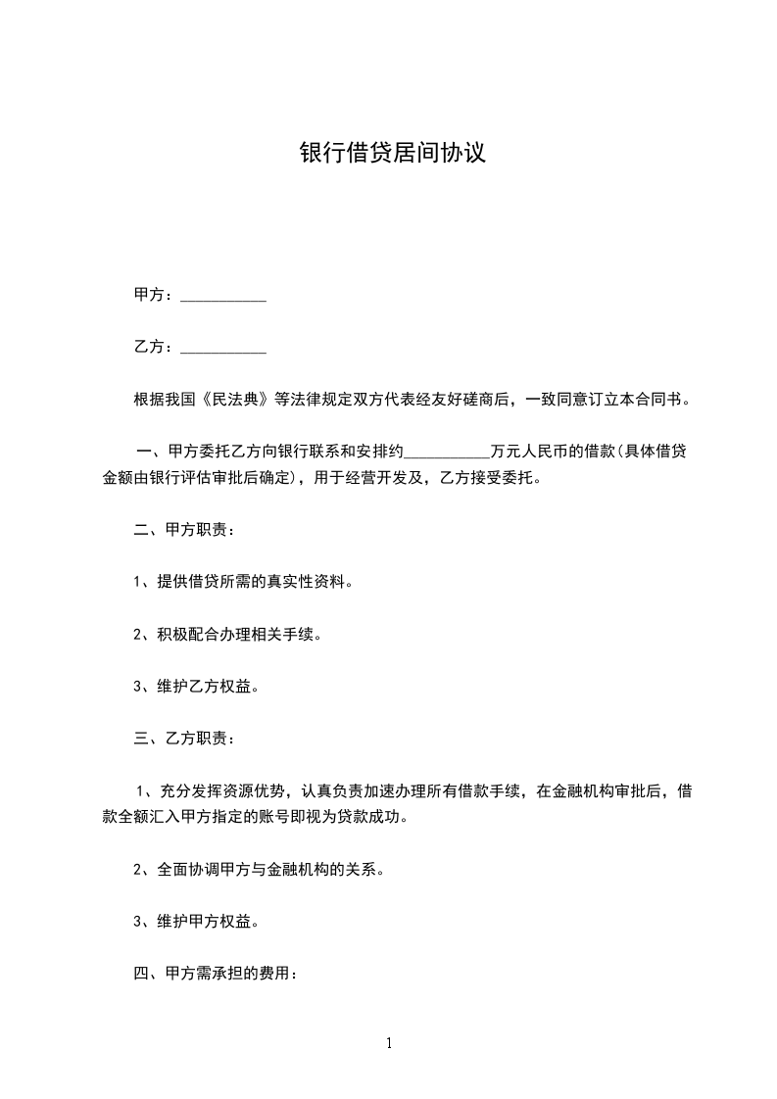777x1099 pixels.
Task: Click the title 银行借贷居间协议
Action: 392,154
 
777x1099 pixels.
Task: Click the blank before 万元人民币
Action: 446,453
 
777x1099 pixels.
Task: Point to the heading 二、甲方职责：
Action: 184,530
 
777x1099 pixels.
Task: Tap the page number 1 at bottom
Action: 389,1043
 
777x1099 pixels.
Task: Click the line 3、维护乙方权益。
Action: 196,686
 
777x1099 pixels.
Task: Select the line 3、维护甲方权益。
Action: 196,921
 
